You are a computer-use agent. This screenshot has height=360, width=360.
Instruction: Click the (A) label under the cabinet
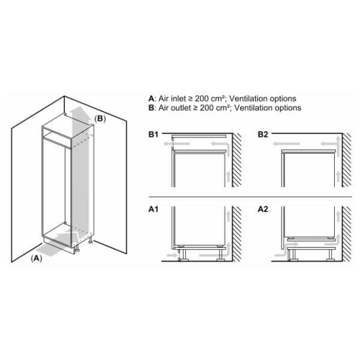(x=37, y=259)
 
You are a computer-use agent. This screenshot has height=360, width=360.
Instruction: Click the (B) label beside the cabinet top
(x=100, y=119)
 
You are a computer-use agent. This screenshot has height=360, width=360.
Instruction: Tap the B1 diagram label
(x=154, y=134)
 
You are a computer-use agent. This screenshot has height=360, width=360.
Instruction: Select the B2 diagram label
(x=263, y=134)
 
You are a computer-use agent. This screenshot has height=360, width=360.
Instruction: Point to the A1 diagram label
(x=154, y=209)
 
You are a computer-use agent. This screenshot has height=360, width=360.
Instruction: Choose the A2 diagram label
(x=263, y=209)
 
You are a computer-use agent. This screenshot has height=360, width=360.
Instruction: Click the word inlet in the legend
(x=179, y=99)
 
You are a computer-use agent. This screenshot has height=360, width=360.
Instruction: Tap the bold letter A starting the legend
(x=151, y=99)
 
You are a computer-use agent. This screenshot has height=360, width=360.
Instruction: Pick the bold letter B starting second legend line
(x=151, y=108)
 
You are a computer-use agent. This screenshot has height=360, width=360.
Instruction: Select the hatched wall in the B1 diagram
(x=237, y=160)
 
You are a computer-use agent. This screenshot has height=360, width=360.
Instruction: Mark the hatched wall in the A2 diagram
(x=347, y=234)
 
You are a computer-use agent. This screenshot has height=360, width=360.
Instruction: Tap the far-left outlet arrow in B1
(x=176, y=144)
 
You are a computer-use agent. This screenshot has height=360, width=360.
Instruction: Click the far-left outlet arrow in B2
(x=286, y=144)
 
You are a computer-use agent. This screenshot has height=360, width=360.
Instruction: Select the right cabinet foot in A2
(x=331, y=255)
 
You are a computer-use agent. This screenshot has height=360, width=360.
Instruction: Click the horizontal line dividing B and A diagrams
(x=250, y=197)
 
